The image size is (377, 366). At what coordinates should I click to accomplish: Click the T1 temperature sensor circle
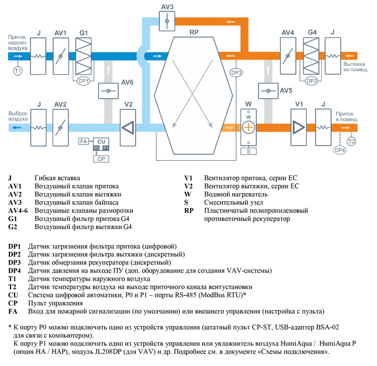click(18, 72)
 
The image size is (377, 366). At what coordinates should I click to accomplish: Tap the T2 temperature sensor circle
click(351, 141)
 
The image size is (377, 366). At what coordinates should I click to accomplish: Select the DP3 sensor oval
click(237, 73)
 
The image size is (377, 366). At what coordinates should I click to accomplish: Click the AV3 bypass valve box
click(167, 21)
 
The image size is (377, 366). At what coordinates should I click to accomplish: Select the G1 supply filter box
click(84, 56)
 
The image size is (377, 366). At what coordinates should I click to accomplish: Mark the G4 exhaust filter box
click(311, 56)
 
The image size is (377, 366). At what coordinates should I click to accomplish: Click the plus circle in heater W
click(248, 127)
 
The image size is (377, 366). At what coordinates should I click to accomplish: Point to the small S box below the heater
click(248, 151)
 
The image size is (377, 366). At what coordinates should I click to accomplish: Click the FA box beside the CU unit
click(83, 141)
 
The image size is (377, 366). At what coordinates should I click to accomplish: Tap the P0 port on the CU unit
click(97, 148)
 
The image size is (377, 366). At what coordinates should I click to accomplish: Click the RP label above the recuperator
click(193, 33)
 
